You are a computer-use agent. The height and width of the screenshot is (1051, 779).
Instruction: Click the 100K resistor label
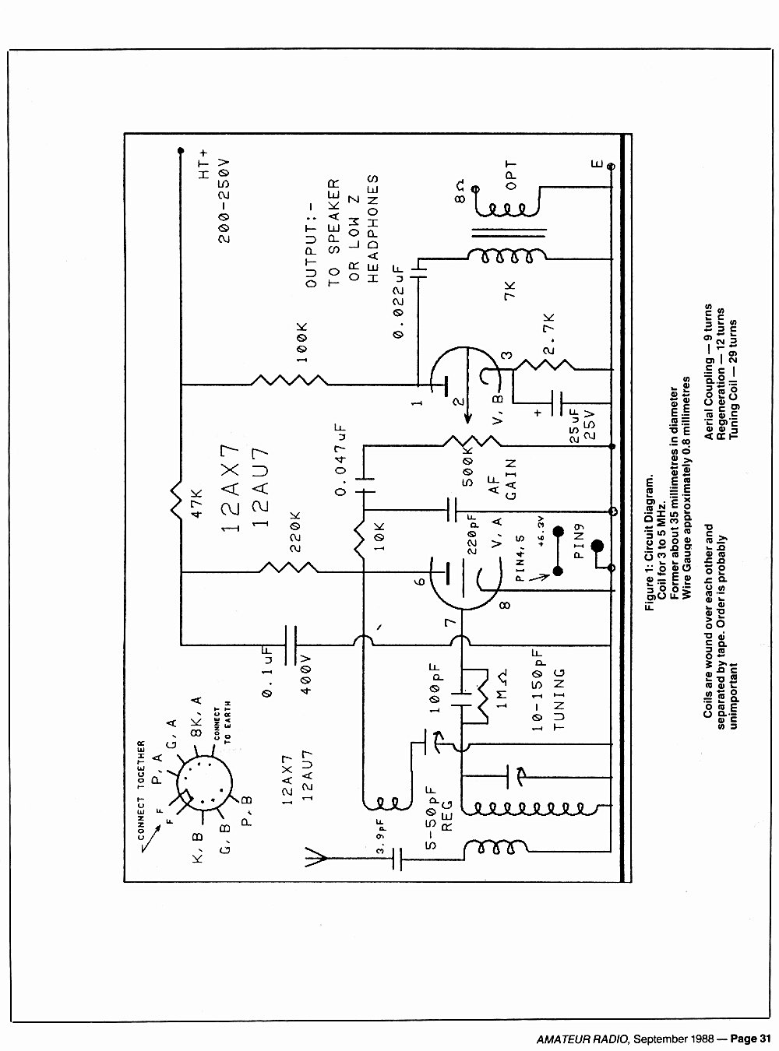coord(302,343)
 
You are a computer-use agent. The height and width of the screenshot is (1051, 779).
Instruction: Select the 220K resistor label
coord(295,531)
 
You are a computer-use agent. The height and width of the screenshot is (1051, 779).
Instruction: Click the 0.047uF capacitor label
coord(341,459)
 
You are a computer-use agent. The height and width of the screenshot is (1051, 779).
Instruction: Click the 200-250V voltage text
coord(224,201)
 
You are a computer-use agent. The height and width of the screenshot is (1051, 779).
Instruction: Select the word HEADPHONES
coord(373,229)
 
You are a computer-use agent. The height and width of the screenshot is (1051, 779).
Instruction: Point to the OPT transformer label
coord(511,175)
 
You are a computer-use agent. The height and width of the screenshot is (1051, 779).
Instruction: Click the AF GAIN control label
coord(502,479)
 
